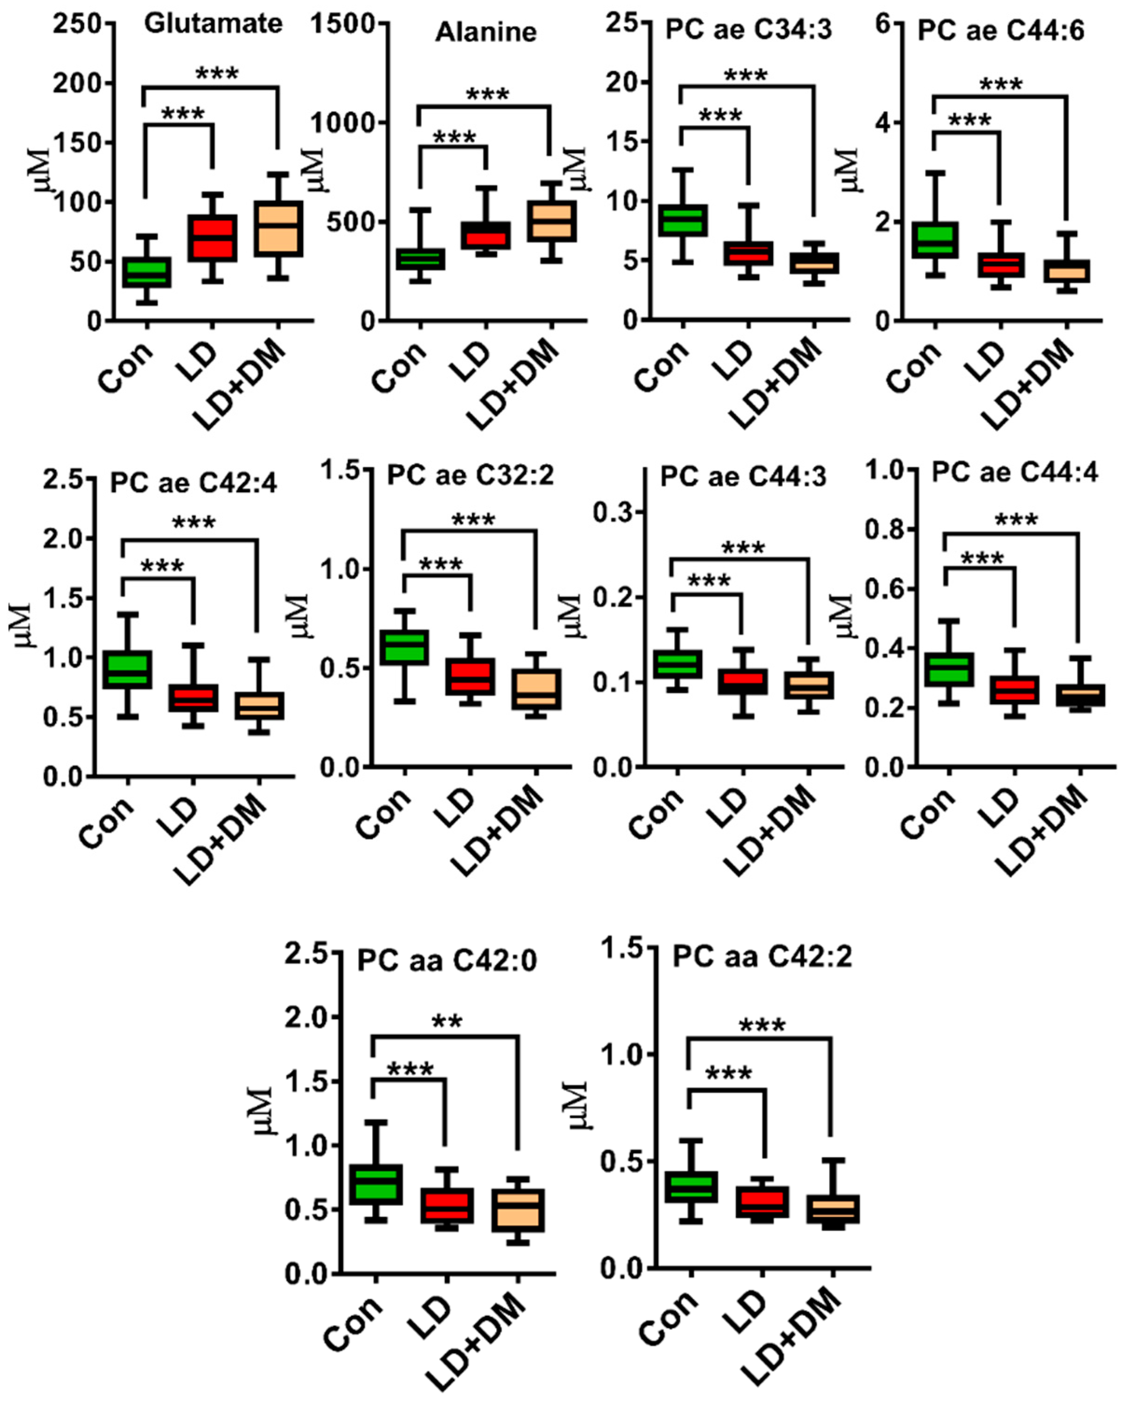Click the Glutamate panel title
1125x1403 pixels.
[213, 24]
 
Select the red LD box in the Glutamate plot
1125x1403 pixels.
[213, 238]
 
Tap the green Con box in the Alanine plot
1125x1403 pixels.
[421, 259]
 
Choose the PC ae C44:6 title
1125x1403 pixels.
[1001, 31]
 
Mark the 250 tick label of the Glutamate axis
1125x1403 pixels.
[78, 24]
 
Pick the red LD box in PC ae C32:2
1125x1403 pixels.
[470, 677]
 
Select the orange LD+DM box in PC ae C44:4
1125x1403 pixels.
[1079, 695]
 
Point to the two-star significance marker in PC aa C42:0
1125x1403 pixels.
[447, 1020]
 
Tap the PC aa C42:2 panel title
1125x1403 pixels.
[761, 956]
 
